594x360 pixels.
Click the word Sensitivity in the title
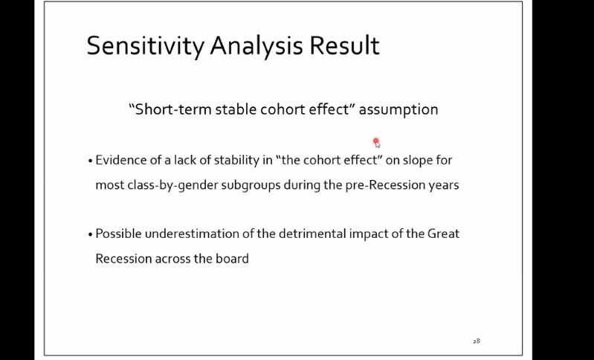coord(146,46)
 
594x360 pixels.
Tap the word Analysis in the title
coord(256,46)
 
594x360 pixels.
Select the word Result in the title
coord(344,45)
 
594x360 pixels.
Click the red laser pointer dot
coord(375,141)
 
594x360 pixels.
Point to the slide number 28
coord(477,341)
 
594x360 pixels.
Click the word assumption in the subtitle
coord(398,110)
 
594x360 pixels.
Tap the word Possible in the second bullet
coord(118,234)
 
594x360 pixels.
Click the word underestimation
coord(192,234)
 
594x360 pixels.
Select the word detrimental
coord(312,234)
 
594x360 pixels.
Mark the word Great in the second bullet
coord(443,234)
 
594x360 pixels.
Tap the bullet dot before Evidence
coord(90,161)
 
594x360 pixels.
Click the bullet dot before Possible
coord(90,234)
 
